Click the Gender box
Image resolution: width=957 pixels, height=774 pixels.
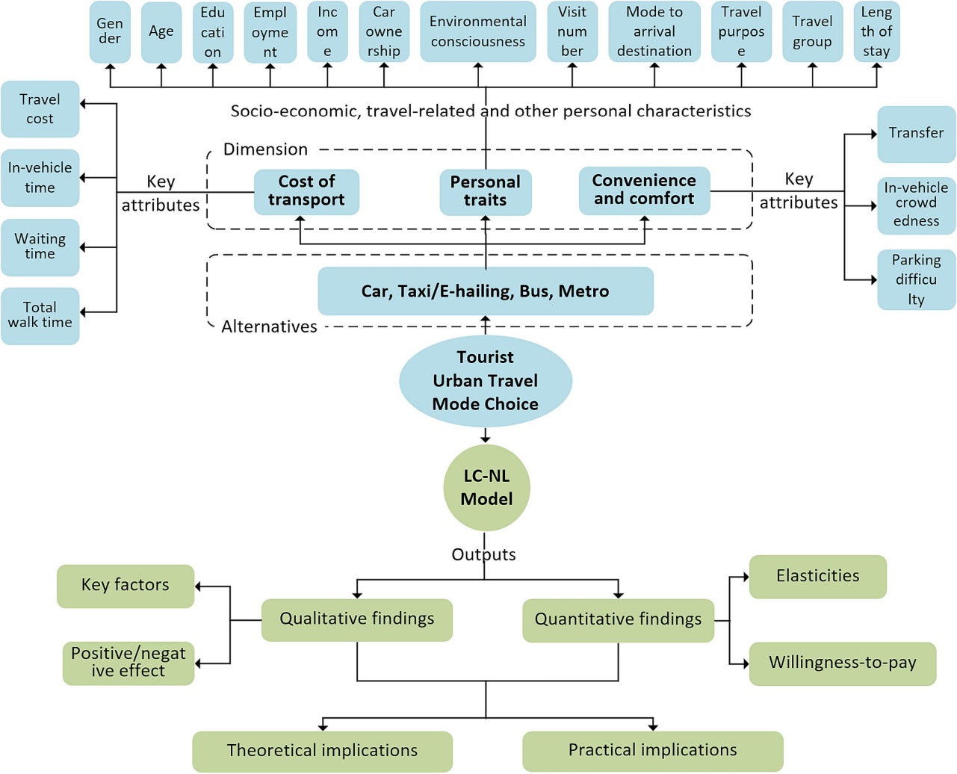point(110,32)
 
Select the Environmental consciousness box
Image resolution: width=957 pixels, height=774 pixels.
point(478,32)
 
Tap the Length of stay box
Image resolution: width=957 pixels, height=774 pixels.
point(876,32)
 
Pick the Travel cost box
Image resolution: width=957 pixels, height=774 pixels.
point(40,109)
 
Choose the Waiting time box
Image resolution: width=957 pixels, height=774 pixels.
point(40,247)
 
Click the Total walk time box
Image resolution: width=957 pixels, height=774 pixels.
point(40,315)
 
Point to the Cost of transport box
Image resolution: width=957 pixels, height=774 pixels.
point(306,191)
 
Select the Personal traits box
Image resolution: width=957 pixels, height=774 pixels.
point(486,192)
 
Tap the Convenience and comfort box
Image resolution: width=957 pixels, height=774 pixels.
point(644,191)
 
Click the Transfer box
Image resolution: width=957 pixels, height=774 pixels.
point(916,134)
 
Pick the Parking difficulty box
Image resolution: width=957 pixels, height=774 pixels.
point(916,279)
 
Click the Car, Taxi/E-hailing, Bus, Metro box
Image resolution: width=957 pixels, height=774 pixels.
point(486,291)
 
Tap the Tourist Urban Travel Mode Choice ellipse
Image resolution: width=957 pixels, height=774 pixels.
point(486,381)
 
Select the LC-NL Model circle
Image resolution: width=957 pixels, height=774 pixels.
point(486,488)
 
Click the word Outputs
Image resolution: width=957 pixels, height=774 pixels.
point(483,555)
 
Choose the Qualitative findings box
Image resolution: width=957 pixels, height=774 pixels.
point(357,619)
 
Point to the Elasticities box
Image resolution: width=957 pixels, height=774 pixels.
point(817,576)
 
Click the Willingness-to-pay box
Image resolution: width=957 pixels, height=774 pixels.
point(842,663)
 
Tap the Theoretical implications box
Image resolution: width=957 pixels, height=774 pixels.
point(323,751)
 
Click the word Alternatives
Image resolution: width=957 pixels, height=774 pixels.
point(269,327)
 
